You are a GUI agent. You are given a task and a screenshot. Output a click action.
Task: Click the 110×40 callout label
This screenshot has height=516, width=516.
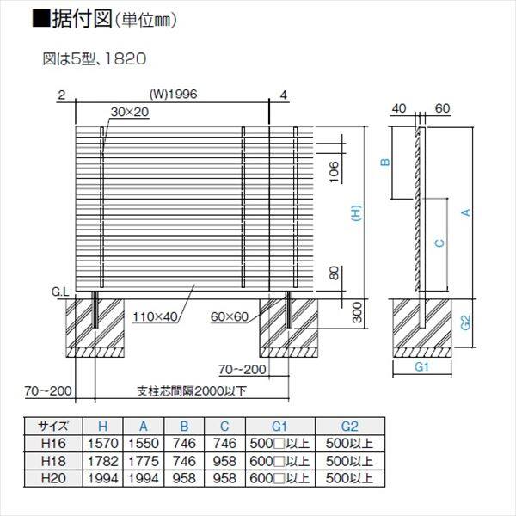154,317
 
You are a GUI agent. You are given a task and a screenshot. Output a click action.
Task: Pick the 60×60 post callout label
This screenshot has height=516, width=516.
230,317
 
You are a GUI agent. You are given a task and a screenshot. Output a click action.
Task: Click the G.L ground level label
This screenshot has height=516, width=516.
61,292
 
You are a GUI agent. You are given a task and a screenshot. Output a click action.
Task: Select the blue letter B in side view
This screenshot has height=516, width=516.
386,162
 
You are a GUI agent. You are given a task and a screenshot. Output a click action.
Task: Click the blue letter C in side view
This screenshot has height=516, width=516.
439,243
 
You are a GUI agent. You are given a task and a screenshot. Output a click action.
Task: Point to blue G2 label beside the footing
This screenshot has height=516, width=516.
465,323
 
